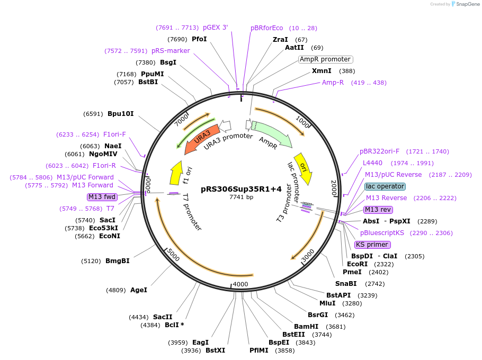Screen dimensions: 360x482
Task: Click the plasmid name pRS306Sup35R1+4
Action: [x=241, y=189]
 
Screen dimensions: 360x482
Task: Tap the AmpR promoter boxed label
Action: [x=325, y=59]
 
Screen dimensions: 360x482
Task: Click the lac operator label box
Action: [x=385, y=186]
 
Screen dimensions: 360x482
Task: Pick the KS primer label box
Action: [x=372, y=245]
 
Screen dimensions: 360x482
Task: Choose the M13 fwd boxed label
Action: [x=102, y=197]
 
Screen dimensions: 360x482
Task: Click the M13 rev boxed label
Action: [x=379, y=209]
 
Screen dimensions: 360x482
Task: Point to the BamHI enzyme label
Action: [x=306, y=326]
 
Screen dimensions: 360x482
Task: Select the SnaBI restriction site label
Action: [x=346, y=284]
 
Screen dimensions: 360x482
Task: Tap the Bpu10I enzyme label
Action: [x=121, y=113]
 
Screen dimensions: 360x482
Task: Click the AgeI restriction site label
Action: [x=139, y=290]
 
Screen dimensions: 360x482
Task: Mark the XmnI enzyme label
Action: [x=322, y=71]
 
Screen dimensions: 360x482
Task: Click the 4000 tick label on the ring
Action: [x=240, y=284]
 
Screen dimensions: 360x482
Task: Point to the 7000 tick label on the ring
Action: [x=182, y=120]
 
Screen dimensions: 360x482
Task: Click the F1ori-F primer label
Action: [x=114, y=134]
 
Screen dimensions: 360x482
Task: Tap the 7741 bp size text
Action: [x=241, y=197]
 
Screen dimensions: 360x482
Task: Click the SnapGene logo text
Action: [x=466, y=4]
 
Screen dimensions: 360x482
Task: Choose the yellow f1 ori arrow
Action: [x=176, y=172]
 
